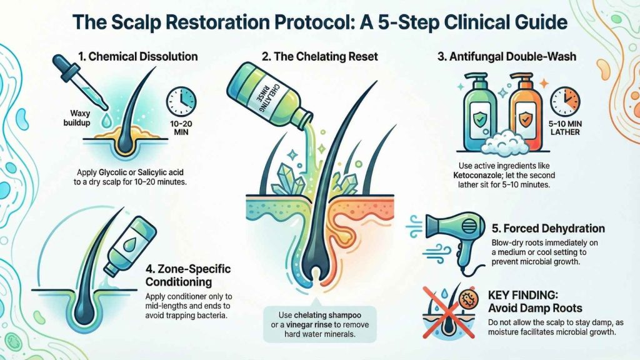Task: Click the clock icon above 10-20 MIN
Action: point(181,101)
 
